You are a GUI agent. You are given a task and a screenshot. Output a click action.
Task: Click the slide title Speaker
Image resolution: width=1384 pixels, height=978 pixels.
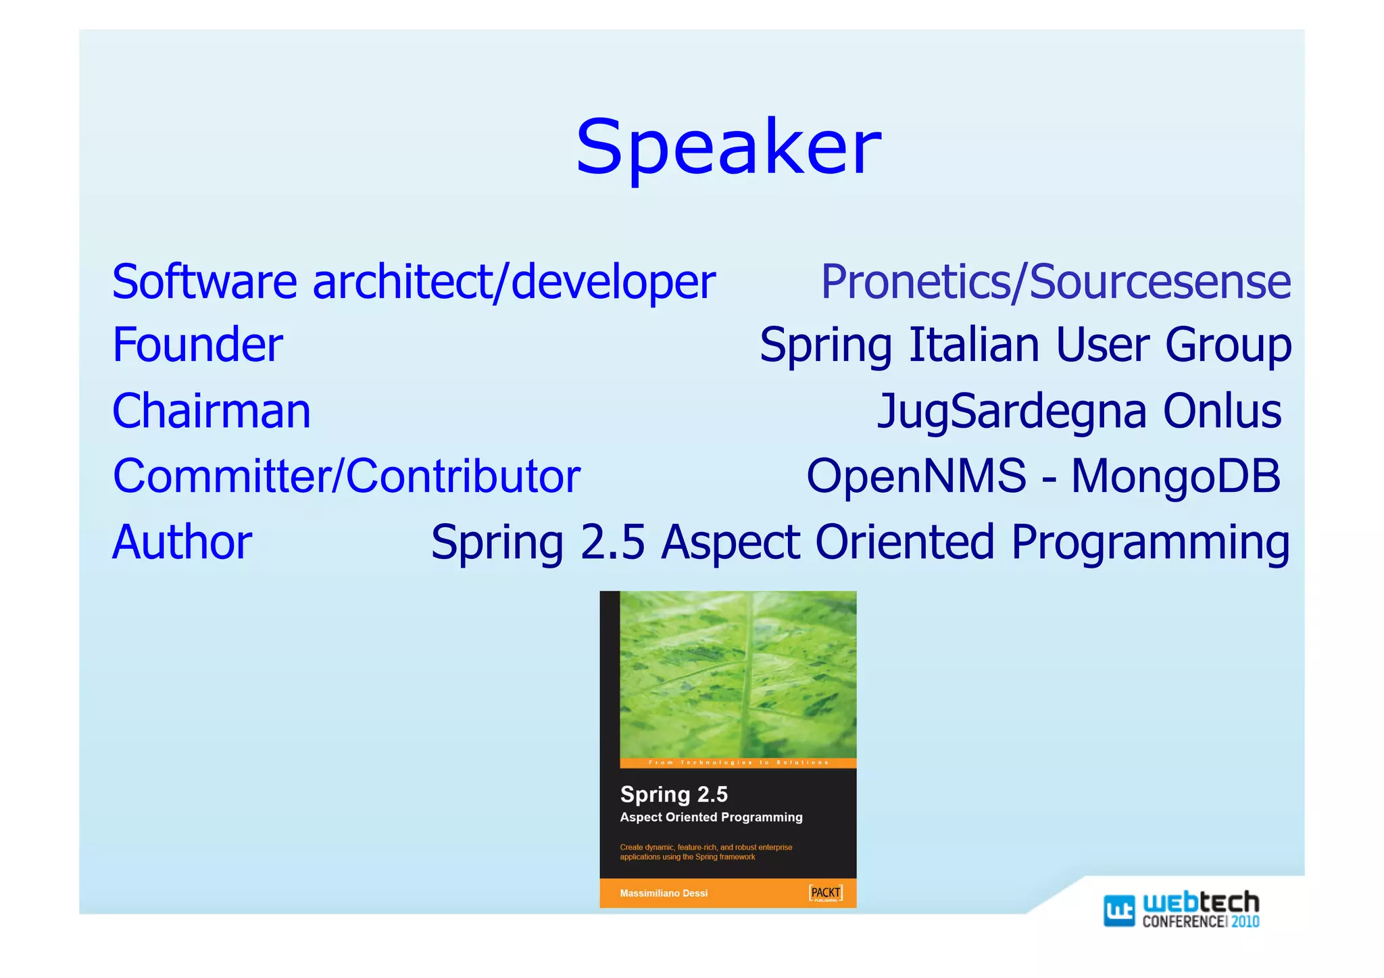pos(728,147)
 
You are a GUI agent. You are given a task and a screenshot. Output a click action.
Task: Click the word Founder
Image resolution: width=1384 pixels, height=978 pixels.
pos(197,345)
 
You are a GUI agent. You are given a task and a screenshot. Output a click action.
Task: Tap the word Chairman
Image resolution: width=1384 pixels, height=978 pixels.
pos(211,411)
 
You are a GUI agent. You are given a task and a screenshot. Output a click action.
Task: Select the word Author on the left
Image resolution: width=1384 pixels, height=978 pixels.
pos(182,542)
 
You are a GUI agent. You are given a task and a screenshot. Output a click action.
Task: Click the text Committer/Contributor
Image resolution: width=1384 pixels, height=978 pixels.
pos(346,476)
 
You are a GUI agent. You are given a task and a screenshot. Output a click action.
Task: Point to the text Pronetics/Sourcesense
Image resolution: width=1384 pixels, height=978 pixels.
pos(1055,282)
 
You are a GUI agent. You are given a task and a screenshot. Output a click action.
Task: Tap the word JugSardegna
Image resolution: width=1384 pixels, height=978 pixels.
pos(1011,411)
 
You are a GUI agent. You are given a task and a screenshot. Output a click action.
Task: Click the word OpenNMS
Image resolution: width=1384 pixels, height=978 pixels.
pos(916,476)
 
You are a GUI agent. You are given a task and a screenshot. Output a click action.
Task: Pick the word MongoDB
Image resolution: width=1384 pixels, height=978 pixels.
pos(1175,476)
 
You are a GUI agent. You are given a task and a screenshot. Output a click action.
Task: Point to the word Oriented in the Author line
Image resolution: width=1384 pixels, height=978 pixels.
pos(904,542)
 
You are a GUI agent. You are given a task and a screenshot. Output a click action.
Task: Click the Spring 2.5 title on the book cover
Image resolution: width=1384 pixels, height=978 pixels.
pos(674,794)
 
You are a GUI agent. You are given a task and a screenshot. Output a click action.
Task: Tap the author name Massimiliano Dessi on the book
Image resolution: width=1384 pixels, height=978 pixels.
pos(664,894)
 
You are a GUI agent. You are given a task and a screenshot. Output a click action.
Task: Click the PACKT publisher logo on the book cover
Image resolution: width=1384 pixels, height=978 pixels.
pos(826,893)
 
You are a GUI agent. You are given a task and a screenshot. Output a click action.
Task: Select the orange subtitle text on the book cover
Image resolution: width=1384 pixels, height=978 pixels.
pos(706,852)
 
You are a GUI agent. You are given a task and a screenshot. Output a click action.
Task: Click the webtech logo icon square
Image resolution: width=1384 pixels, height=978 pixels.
pos(1118,910)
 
